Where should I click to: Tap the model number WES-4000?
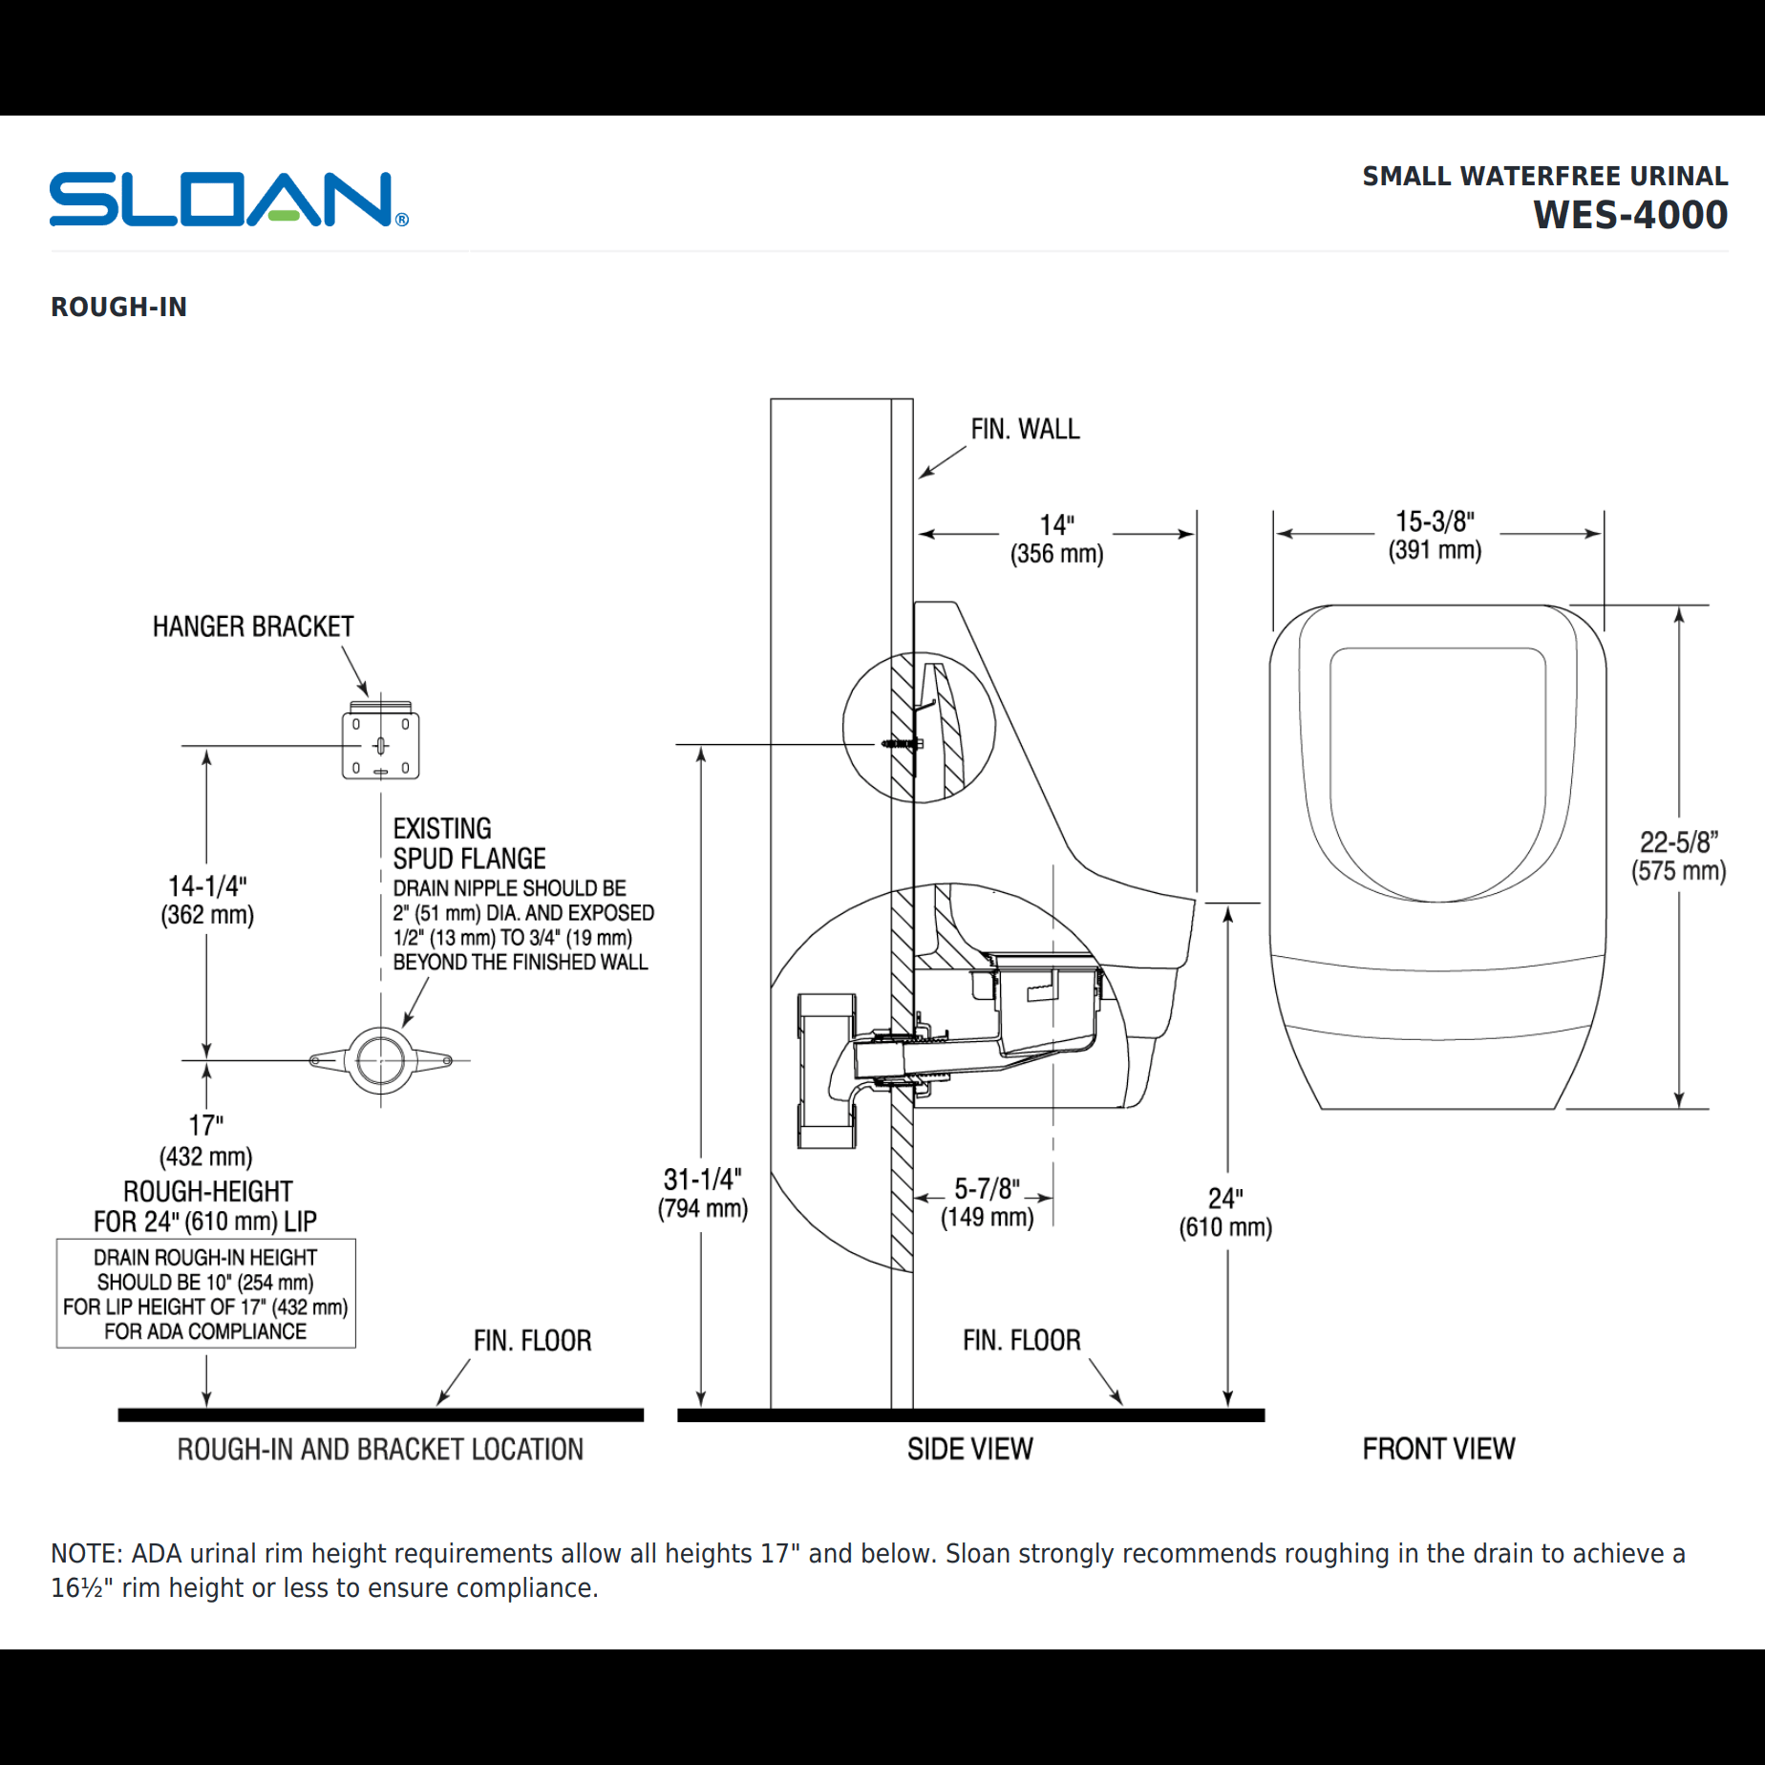point(1629,215)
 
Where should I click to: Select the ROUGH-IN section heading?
point(118,307)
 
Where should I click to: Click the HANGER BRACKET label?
point(253,627)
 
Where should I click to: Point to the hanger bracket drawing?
point(380,744)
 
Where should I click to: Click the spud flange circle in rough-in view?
point(380,1060)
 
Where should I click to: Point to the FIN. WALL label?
point(1025,430)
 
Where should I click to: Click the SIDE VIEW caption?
point(969,1449)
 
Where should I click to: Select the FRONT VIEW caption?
point(1438,1449)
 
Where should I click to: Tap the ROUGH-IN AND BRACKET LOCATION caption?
point(380,1450)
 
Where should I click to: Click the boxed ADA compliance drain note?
point(205,1293)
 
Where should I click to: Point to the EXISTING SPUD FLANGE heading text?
point(468,843)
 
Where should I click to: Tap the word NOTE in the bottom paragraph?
point(85,1554)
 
